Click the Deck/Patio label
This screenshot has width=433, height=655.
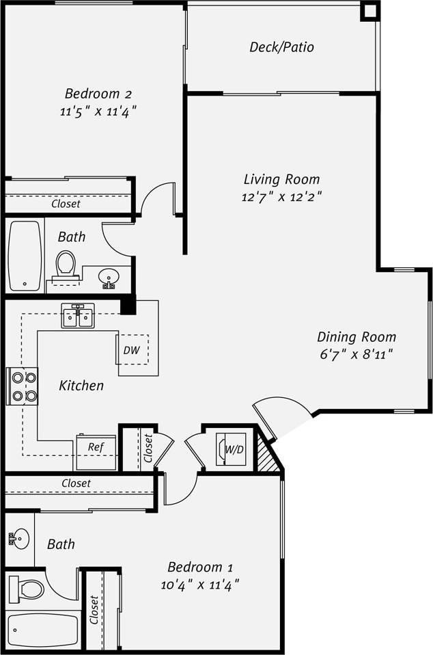[x=281, y=47]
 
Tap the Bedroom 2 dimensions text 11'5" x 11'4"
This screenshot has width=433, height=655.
[x=98, y=111]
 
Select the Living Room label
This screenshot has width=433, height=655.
[x=281, y=179]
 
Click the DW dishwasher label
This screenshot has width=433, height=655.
[x=132, y=350]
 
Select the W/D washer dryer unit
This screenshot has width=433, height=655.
[x=231, y=449]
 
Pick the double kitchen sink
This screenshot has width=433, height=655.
[x=77, y=317]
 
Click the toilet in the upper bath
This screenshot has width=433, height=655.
[x=66, y=263]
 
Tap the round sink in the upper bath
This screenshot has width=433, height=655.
[x=109, y=277]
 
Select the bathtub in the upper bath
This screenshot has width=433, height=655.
[x=25, y=255]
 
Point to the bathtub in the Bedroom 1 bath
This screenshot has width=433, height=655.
[x=42, y=630]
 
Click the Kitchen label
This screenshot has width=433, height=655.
[x=81, y=386]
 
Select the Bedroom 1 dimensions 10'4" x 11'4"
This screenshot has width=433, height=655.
[x=201, y=585]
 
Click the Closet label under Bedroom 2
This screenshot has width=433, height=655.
[x=66, y=204]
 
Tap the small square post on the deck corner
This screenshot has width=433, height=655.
[x=369, y=11]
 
